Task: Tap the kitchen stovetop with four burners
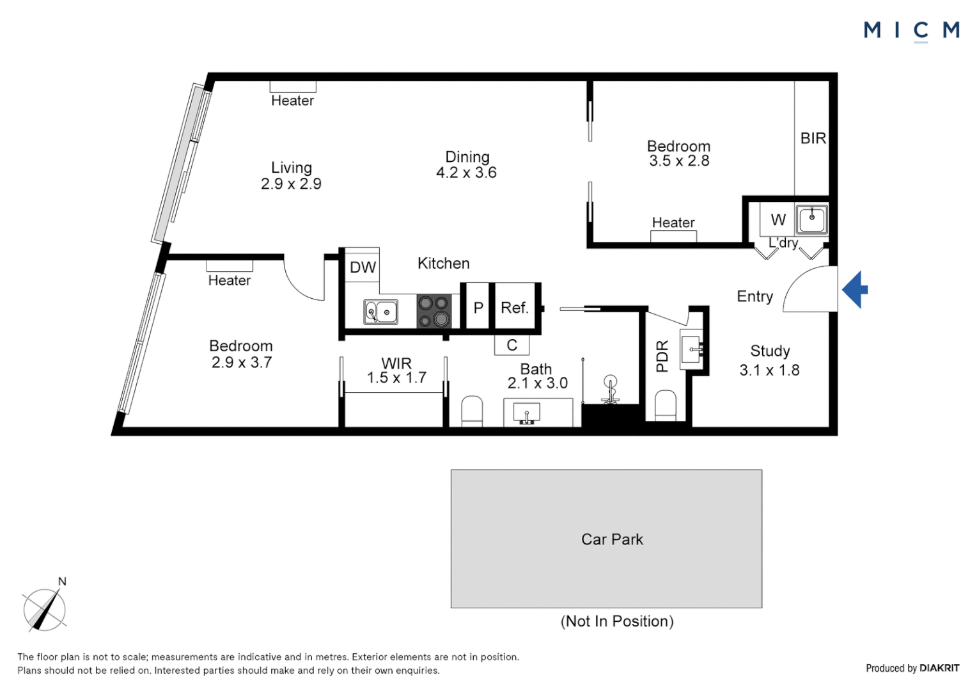(434, 312)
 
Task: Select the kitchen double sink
(380, 312)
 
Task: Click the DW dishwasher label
(363, 267)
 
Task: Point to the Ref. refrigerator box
(515, 308)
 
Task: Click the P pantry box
(478, 308)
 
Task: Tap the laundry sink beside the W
(811, 219)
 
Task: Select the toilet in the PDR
(666, 407)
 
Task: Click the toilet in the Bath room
(472, 411)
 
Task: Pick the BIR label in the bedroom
(813, 138)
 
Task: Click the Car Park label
(612, 539)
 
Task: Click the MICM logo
(911, 30)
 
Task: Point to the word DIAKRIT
(939, 668)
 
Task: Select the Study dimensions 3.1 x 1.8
(769, 370)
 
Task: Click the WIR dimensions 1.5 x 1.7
(396, 378)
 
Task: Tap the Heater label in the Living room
(292, 100)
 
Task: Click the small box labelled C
(512, 345)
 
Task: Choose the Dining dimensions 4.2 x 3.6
(466, 173)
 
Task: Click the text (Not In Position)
(617, 621)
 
